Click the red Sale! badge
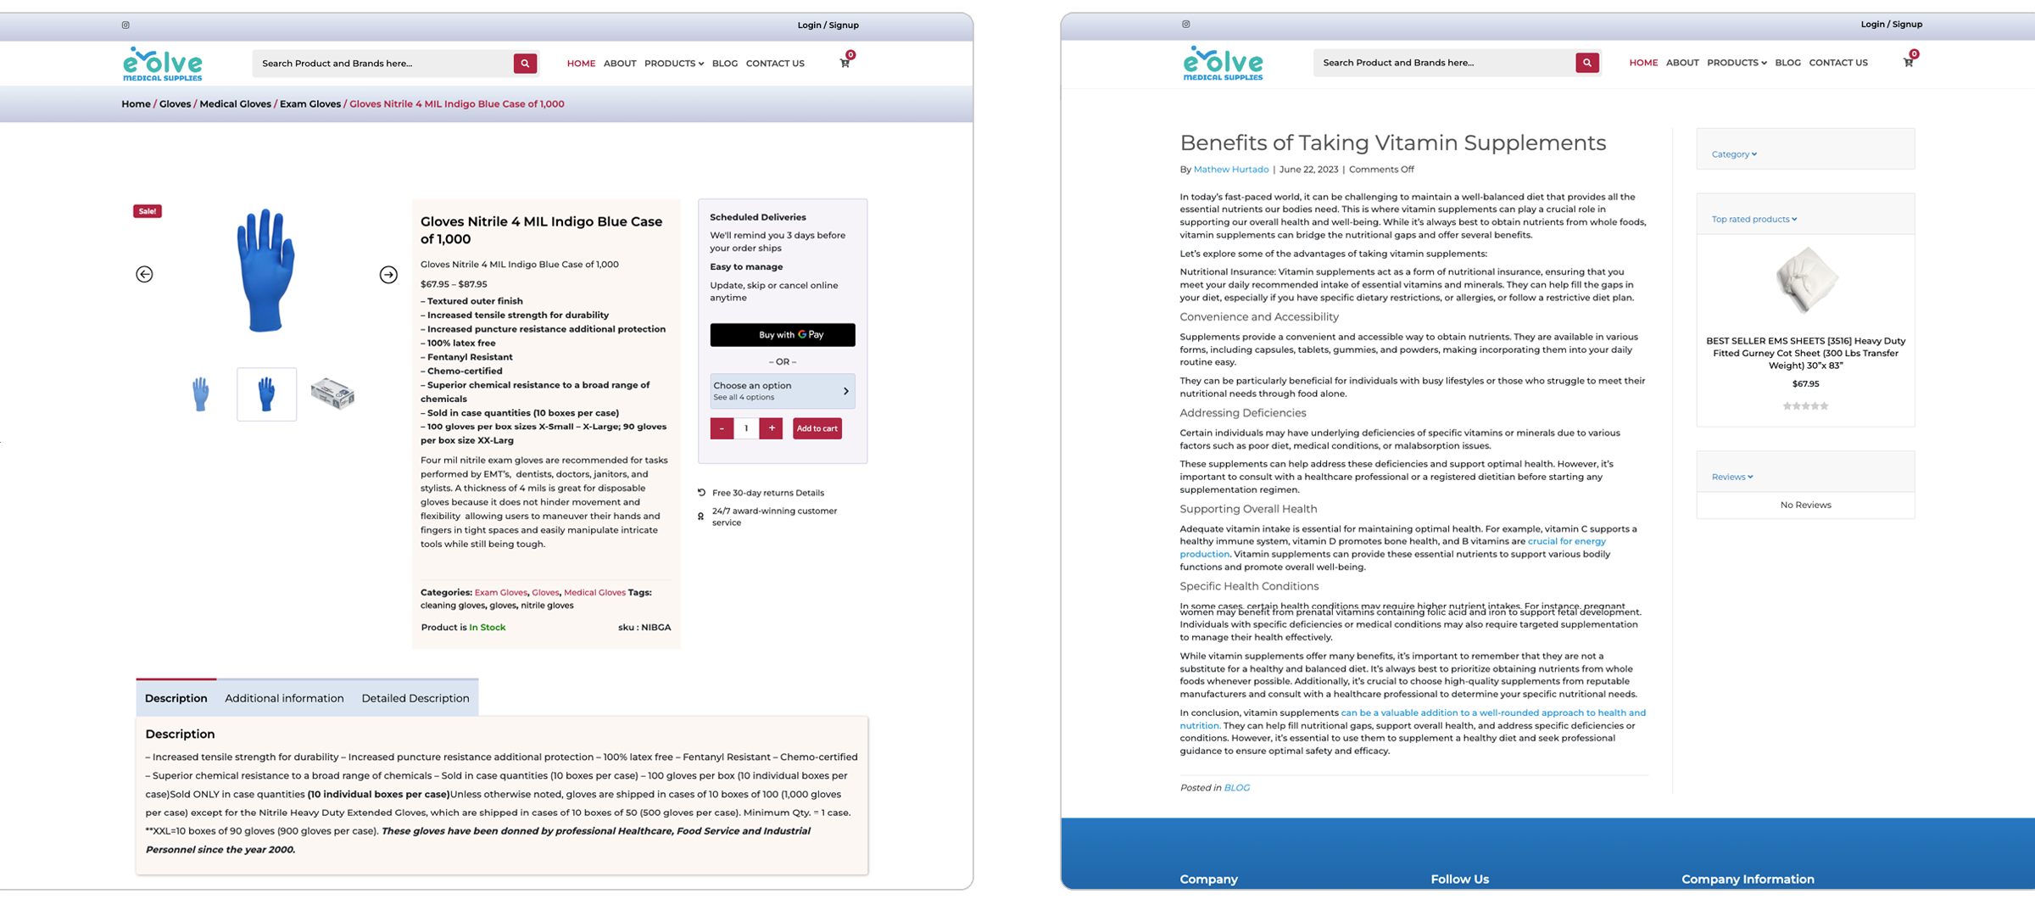[x=147, y=211]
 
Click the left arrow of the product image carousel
[x=144, y=274]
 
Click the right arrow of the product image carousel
[x=388, y=274]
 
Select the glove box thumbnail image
[x=332, y=394]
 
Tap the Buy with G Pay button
[x=782, y=335]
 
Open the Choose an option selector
[x=782, y=391]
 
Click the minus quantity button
[x=722, y=428]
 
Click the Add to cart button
[x=817, y=428]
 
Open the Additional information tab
[x=284, y=698]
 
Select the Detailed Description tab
[x=415, y=698]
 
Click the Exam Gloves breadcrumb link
[x=310, y=104]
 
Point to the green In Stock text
[x=488, y=628]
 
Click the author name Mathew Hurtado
[x=1230, y=170]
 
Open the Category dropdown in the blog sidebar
[x=1734, y=154]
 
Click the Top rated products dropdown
[x=1753, y=220]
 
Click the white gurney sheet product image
[x=1805, y=281]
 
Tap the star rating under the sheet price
[x=1805, y=406]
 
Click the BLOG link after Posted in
[x=1236, y=788]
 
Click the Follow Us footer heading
[x=1459, y=880]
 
